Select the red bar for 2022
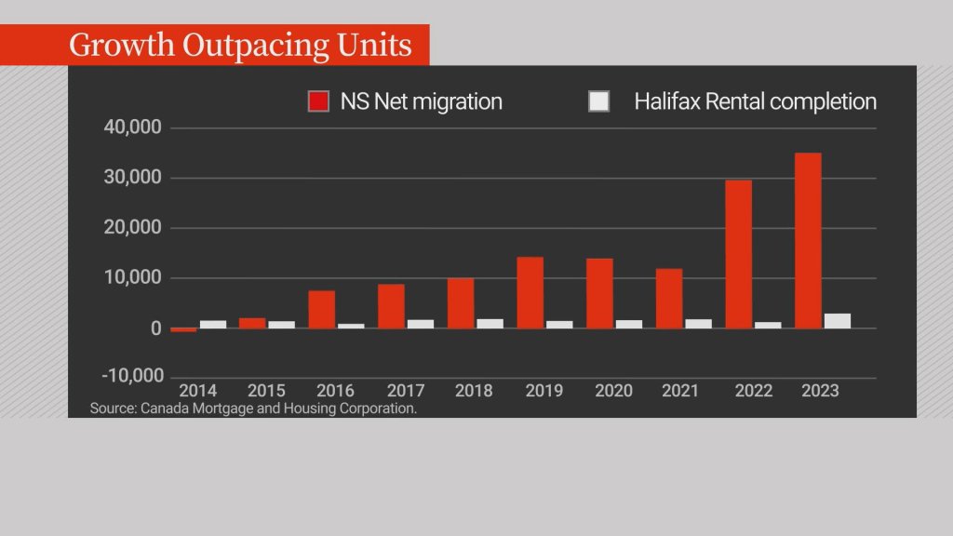coord(738,253)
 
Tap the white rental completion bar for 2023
coord(837,321)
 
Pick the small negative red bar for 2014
coord(183,329)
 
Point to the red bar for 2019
coord(530,292)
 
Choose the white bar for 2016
coord(351,326)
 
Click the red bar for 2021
coord(668,298)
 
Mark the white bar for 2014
coord(213,324)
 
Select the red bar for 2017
coord(391,306)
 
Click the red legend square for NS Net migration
coord(318,101)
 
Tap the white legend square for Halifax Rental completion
coord(598,101)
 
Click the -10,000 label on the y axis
coord(128,375)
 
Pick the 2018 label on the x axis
coord(475,391)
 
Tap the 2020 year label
coord(612,391)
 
